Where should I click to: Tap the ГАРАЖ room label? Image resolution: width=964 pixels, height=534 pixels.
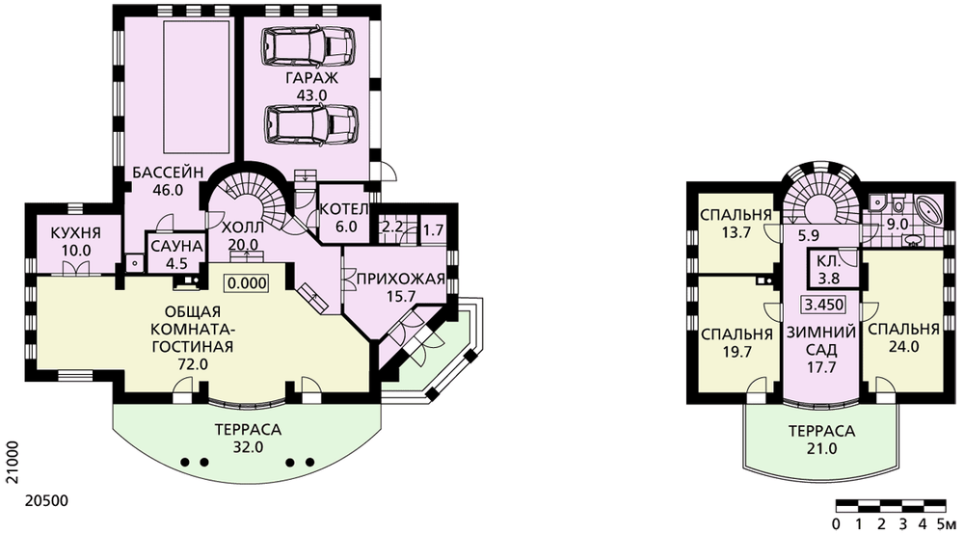click(x=311, y=78)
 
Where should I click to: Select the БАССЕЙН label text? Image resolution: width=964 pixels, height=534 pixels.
click(x=168, y=173)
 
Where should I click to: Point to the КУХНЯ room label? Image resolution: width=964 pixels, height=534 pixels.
click(x=76, y=234)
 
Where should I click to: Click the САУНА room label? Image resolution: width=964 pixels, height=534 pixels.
click(x=176, y=247)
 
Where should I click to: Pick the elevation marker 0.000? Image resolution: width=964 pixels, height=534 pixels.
click(x=247, y=282)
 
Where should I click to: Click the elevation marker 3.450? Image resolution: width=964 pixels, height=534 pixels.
click(x=824, y=305)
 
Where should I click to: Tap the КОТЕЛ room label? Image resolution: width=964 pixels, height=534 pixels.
click(x=345, y=209)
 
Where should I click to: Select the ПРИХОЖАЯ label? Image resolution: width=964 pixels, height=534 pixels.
click(x=400, y=280)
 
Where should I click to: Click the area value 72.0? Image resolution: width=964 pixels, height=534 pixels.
click(x=193, y=364)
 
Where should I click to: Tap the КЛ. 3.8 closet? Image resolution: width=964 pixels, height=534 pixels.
click(x=829, y=269)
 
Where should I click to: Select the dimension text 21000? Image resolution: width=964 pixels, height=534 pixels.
click(x=12, y=463)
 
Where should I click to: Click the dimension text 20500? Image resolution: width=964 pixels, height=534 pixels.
click(x=46, y=501)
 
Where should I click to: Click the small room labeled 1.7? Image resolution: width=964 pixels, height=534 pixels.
click(x=434, y=230)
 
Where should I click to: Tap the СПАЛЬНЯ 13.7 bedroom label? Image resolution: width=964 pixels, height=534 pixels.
click(x=736, y=225)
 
